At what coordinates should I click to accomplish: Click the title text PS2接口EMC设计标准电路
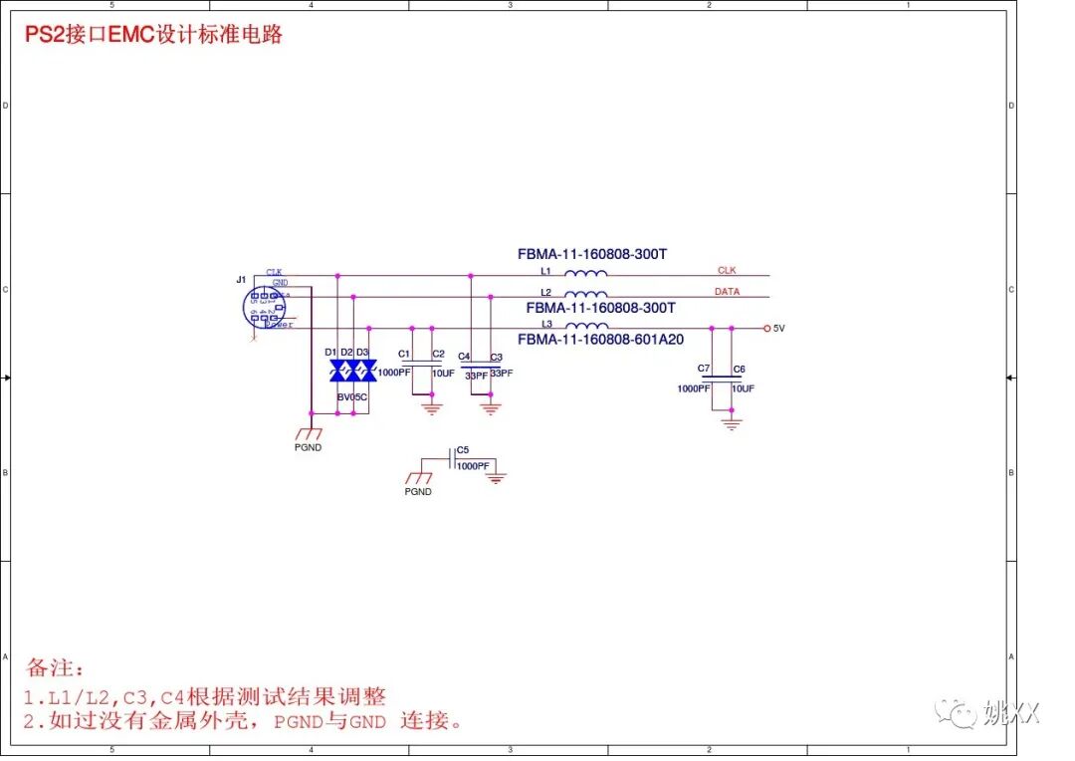coord(154,35)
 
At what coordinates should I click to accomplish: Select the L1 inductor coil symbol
coord(586,274)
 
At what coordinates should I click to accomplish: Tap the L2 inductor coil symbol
coord(586,294)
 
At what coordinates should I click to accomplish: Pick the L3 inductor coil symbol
coord(586,326)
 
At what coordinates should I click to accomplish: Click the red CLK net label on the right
coord(727,270)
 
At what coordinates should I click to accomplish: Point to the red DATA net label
coord(727,291)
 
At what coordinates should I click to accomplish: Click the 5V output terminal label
coord(779,328)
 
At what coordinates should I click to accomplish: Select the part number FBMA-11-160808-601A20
coord(600,340)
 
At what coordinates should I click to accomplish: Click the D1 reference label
coord(330,353)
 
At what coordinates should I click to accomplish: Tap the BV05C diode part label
coord(351,397)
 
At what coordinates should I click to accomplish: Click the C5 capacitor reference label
coord(463,450)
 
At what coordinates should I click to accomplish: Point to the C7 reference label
coord(704,369)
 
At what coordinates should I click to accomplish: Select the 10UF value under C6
coord(743,388)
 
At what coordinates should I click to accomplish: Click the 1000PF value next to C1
coord(394,373)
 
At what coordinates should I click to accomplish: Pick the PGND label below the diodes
coord(309,447)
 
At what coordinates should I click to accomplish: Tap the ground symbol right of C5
coord(496,479)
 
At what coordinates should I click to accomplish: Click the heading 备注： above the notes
coord(56,667)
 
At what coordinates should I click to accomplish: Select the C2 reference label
coord(438,354)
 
